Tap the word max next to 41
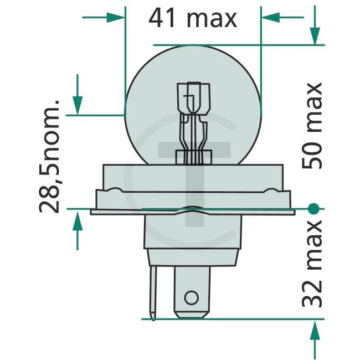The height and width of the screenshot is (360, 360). (212, 19)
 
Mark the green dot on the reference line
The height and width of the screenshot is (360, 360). (313, 209)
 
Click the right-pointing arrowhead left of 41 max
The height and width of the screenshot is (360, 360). (117, 17)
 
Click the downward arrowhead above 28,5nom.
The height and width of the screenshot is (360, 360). (77, 104)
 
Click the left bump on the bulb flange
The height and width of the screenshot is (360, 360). (115, 192)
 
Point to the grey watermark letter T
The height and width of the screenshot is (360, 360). (193, 166)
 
